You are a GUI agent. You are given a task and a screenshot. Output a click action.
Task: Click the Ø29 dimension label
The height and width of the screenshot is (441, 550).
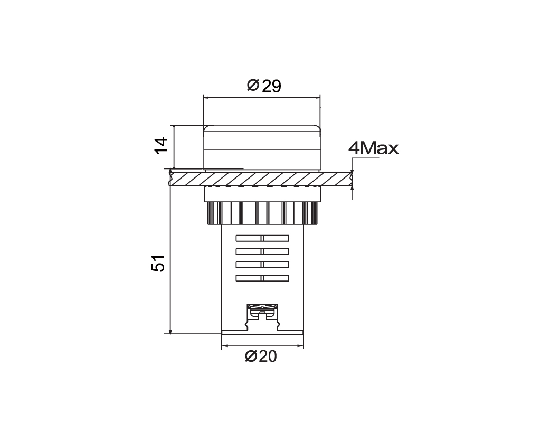click(264, 86)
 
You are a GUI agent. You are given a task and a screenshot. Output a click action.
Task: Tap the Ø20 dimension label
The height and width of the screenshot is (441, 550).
click(261, 356)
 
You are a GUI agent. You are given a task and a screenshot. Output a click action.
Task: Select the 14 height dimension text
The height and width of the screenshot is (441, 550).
click(162, 146)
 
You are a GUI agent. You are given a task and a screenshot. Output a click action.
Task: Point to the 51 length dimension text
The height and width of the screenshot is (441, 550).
click(158, 263)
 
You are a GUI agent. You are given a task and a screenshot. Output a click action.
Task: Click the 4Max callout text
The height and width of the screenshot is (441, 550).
click(374, 148)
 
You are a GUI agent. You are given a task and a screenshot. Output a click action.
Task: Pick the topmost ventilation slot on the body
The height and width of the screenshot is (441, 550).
click(262, 239)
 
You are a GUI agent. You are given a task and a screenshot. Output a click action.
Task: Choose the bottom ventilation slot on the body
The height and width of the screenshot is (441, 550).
click(262, 278)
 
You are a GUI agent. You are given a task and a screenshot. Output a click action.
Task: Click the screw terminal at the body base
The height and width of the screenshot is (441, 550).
click(262, 312)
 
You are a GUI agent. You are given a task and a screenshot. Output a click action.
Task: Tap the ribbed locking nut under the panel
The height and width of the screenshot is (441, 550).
click(262, 213)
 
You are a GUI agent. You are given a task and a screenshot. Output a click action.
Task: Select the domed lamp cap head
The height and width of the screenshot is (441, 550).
click(262, 147)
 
